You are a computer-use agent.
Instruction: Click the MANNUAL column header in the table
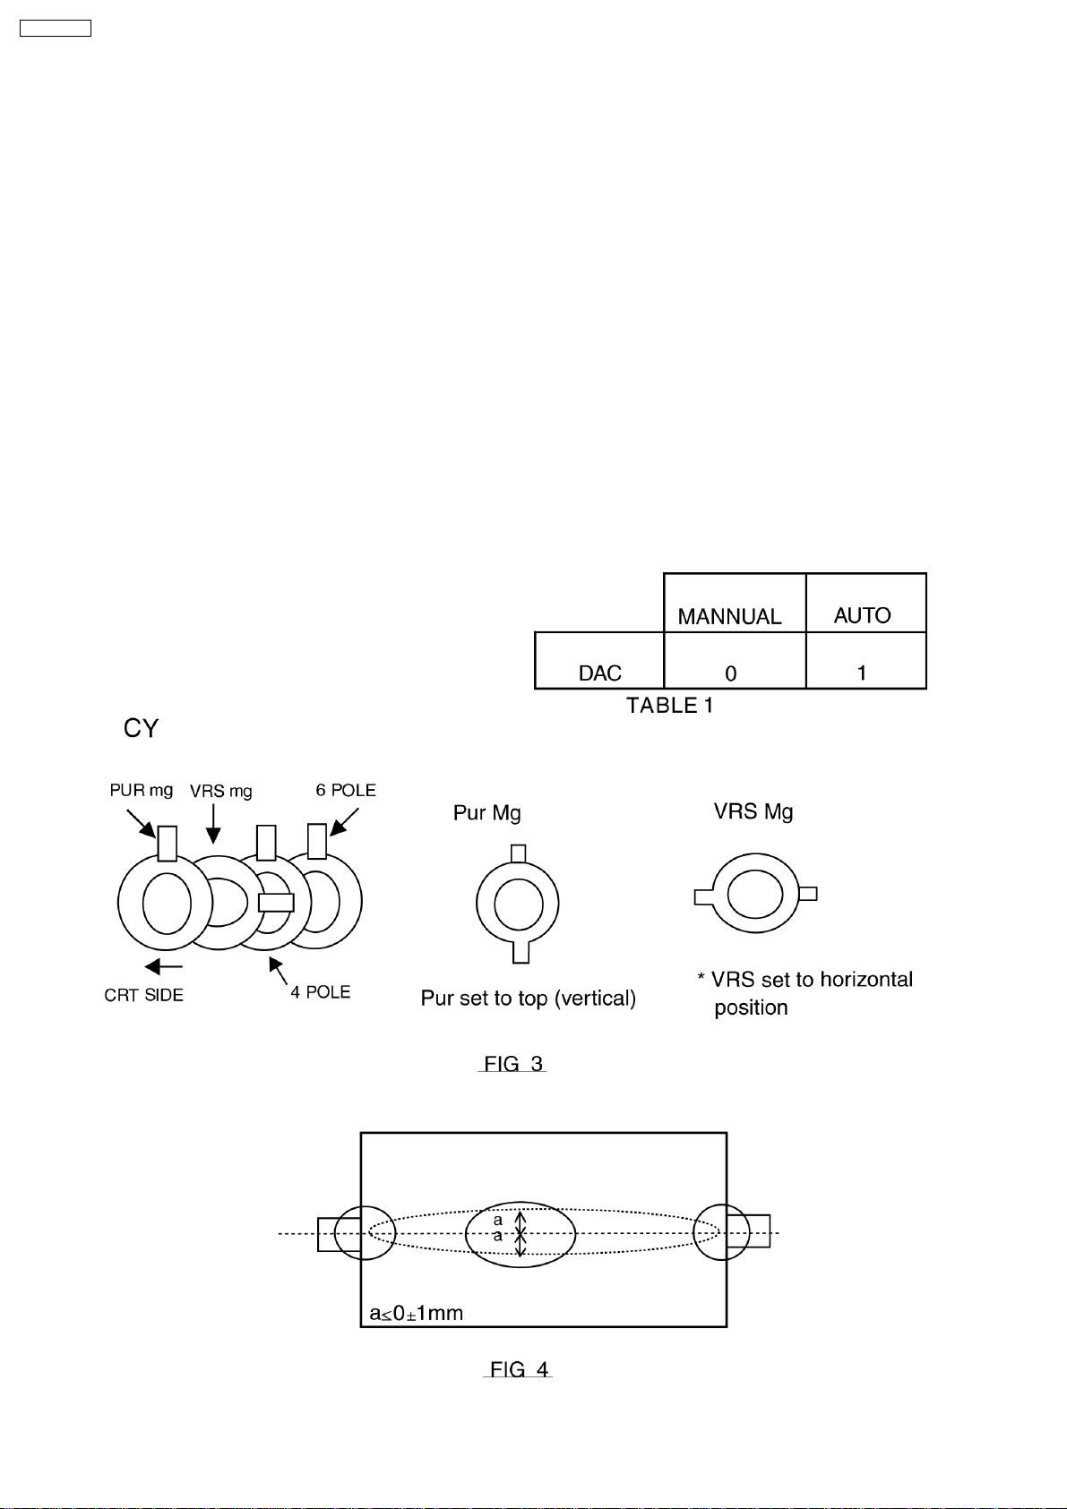tap(729, 616)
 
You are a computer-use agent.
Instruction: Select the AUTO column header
tap(862, 615)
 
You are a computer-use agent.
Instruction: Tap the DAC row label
tap(600, 673)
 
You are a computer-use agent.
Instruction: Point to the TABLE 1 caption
tap(669, 706)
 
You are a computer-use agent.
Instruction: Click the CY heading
tap(141, 728)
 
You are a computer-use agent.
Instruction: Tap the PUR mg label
tap(142, 790)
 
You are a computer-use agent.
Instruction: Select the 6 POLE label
tap(346, 790)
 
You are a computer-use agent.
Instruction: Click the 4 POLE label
tap(321, 992)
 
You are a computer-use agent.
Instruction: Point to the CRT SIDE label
tap(143, 995)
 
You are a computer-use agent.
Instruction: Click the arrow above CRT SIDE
tap(163, 966)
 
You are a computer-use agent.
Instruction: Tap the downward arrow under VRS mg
tap(213, 824)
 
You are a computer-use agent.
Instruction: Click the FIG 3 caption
tap(513, 1064)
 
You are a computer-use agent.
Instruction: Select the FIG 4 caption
tap(519, 1369)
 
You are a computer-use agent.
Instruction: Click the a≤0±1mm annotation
tap(416, 1313)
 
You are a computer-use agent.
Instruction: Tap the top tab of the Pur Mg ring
tap(519, 853)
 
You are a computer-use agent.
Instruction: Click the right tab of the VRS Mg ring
tap(807, 894)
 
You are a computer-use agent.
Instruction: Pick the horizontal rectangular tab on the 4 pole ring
tap(276, 903)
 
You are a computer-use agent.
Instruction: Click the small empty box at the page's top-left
tap(56, 29)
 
